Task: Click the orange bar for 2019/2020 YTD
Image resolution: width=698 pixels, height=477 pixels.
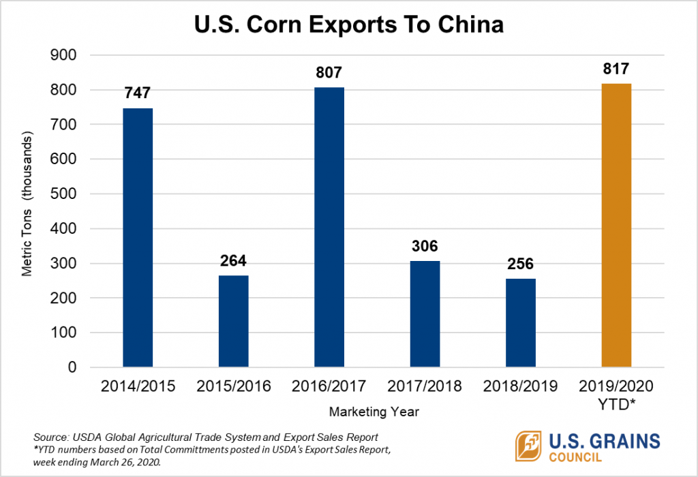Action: (616, 226)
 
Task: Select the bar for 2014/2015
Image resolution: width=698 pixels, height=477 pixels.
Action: (138, 238)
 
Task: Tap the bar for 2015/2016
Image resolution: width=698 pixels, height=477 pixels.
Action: (233, 321)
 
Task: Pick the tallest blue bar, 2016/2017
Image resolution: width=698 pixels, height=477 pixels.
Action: (329, 228)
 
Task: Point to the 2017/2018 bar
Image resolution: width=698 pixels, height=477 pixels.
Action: (425, 314)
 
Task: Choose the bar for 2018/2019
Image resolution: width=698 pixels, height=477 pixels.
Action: (521, 323)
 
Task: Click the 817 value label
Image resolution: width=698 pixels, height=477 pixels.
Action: (616, 69)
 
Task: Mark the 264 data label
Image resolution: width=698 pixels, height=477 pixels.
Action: (233, 261)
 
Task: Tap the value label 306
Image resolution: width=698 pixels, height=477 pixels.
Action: (425, 246)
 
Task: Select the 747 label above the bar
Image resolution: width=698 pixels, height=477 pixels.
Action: (138, 93)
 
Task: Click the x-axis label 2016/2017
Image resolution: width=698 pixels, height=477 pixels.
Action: (329, 386)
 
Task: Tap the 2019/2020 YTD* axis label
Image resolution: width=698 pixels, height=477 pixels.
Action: (616, 394)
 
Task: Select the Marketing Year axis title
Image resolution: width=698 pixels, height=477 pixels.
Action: (374, 412)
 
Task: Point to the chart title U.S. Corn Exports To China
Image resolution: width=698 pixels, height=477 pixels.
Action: (348, 25)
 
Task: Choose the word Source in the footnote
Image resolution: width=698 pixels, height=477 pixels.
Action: (48, 435)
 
